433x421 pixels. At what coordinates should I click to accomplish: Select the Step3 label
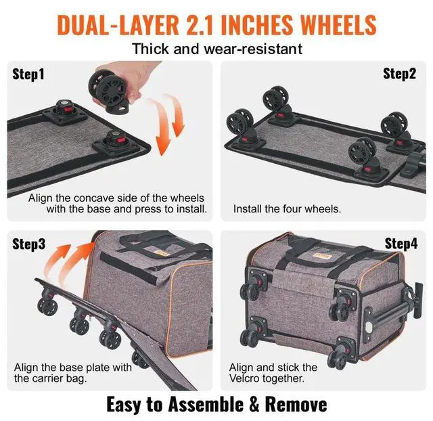[x=29, y=244]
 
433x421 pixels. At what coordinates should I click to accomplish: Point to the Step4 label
[x=401, y=243]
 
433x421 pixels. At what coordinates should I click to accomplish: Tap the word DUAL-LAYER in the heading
[x=108, y=25]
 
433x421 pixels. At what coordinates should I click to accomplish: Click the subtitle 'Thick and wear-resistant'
[x=216, y=49]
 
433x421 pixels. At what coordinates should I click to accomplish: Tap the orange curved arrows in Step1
[x=169, y=125]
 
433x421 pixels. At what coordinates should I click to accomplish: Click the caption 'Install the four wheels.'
[x=287, y=209]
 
